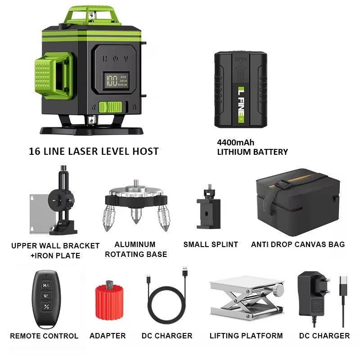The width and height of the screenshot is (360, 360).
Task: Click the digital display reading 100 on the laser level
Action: click(112, 81)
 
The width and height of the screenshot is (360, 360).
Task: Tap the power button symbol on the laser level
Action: click(116, 58)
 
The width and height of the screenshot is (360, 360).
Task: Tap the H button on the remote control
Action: click(46, 285)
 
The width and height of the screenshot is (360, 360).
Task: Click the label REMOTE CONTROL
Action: click(44, 336)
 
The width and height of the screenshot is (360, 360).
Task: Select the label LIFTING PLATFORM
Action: click(246, 336)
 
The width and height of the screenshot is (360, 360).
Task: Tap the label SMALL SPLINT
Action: click(211, 245)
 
